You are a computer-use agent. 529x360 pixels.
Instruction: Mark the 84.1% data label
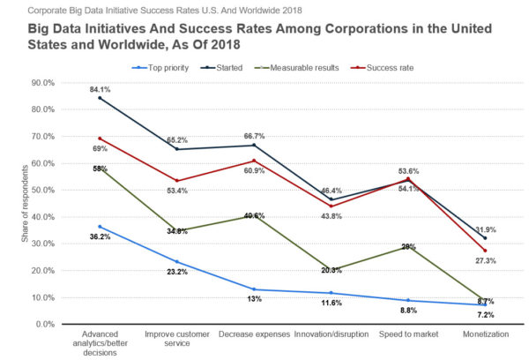click(99, 88)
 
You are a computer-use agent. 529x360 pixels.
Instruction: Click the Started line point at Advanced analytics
click(101, 98)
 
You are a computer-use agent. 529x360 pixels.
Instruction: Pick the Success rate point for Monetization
click(484, 251)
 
